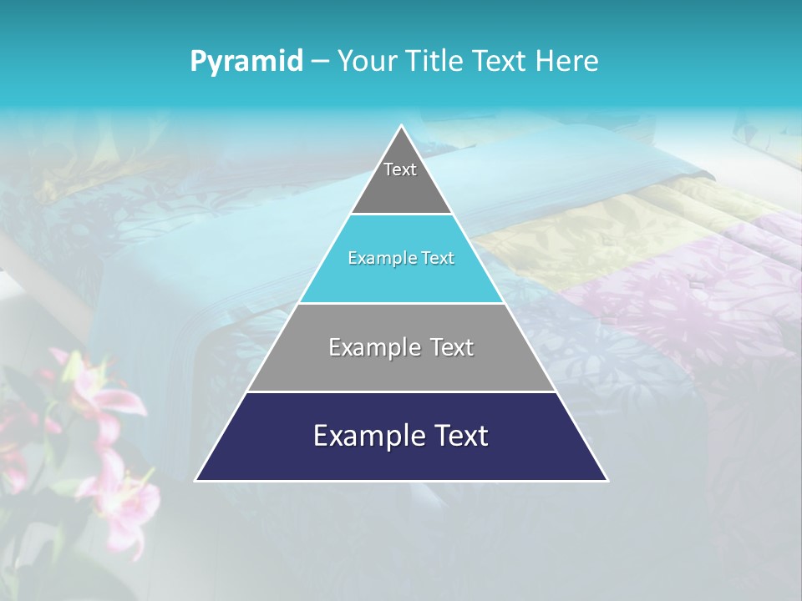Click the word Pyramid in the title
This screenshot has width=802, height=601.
click(246, 62)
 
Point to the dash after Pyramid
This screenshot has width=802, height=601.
click(319, 62)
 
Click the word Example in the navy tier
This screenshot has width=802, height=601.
click(364, 436)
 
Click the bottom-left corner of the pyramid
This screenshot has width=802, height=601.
click(197, 480)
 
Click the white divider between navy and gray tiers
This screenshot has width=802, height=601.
click(401, 391)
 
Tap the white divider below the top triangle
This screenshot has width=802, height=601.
click(401, 215)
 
